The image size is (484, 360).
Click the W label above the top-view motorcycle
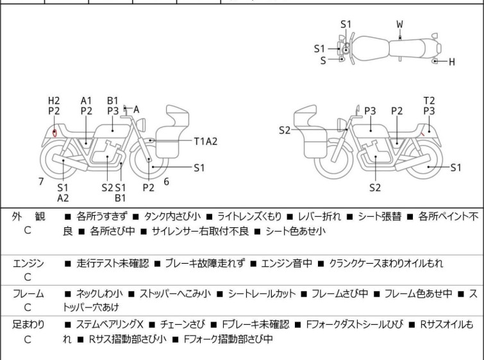400,24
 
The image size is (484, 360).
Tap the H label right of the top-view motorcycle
451,62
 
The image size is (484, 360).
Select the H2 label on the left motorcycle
54,101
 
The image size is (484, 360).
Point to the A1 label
87,101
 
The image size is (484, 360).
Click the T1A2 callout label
205,141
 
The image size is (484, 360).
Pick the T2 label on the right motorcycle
429,101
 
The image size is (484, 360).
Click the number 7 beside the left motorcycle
41,182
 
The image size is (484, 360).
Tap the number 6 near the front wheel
167,182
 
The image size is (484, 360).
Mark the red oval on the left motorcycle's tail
55,133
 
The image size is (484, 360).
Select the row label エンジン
28,262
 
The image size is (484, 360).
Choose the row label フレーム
28,293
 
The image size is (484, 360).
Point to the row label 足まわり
28,324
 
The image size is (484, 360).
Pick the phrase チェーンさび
183,324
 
